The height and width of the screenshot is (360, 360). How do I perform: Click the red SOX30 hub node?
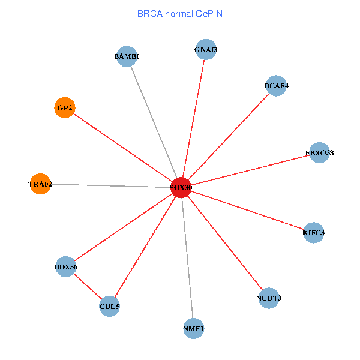[181, 188]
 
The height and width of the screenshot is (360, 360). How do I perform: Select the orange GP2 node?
[64, 108]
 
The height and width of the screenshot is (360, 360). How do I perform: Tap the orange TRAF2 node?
[40, 184]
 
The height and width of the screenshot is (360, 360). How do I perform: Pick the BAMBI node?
[127, 57]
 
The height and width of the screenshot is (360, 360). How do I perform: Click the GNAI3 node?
[206, 50]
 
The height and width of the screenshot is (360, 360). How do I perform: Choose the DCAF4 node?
[276, 86]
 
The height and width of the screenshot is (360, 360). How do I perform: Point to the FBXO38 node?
[319, 153]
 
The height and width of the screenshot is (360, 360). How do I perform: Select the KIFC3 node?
[314, 232]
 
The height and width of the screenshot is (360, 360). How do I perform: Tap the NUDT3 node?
[269, 298]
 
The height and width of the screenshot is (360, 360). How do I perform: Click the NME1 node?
[193, 329]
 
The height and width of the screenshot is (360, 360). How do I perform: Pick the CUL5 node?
[110, 307]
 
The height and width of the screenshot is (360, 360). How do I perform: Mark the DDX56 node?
[66, 266]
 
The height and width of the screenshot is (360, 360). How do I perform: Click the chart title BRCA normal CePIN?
[180, 13]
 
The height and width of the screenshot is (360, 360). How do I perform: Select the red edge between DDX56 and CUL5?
[88, 287]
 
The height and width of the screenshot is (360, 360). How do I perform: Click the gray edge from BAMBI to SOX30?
[154, 122]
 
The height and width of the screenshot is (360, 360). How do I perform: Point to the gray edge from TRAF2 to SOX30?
[111, 186]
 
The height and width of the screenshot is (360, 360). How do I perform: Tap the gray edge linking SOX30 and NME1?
[187, 258]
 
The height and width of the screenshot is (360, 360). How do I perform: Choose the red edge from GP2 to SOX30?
[123, 148]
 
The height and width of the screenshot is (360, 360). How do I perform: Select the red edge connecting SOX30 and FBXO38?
[250, 170]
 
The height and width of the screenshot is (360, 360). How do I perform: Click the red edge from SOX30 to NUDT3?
[225, 243]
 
